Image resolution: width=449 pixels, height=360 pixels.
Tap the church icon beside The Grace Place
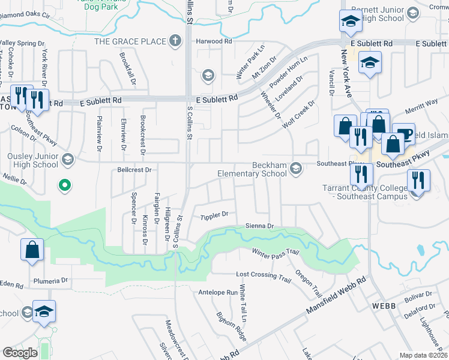pyautogui.click(x=175, y=41)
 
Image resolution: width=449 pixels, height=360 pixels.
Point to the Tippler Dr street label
pyautogui.click(x=215, y=215)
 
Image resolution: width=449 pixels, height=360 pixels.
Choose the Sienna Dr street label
pyautogui.click(x=259, y=226)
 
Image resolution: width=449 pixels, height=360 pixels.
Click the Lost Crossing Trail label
pyautogui.click(x=264, y=275)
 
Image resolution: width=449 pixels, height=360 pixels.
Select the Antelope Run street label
pyautogui.click(x=218, y=293)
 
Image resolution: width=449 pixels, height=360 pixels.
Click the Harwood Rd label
pyautogui.click(x=214, y=42)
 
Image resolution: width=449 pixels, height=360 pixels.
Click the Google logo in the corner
pyautogui.click(x=20, y=353)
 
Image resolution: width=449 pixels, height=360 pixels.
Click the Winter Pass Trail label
pyautogui.click(x=275, y=256)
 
